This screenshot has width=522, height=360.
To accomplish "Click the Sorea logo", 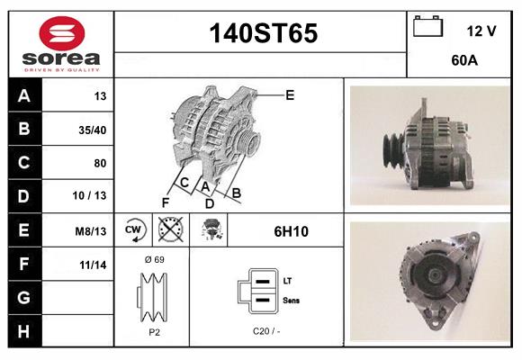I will click(60, 44).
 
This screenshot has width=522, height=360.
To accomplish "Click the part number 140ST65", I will click(263, 34).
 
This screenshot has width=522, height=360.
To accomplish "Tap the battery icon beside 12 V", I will click(427, 27).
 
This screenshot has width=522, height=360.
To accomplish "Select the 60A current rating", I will click(463, 62).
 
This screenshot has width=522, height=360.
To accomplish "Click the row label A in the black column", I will click(24, 96).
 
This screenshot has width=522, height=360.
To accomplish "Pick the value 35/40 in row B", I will click(93, 130).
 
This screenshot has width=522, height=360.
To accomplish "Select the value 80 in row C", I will click(99, 164).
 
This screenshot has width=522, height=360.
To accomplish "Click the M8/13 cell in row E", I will click(92, 231).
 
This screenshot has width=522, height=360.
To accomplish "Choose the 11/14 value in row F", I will click(94, 265).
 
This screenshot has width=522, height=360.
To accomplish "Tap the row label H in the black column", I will click(24, 332).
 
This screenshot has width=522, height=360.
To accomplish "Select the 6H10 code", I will click(292, 231).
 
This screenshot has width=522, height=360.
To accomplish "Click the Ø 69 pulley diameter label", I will click(153, 259).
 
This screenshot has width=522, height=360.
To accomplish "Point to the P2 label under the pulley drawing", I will click(153, 331).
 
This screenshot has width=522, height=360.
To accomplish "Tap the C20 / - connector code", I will click(266, 331).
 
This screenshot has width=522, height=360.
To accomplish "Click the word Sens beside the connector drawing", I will click(292, 300).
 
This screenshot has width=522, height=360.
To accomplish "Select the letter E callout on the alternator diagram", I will click(290, 94).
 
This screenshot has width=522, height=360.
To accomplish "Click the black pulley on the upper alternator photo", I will click(393, 148).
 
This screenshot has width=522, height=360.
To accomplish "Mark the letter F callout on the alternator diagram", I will click(165, 202).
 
